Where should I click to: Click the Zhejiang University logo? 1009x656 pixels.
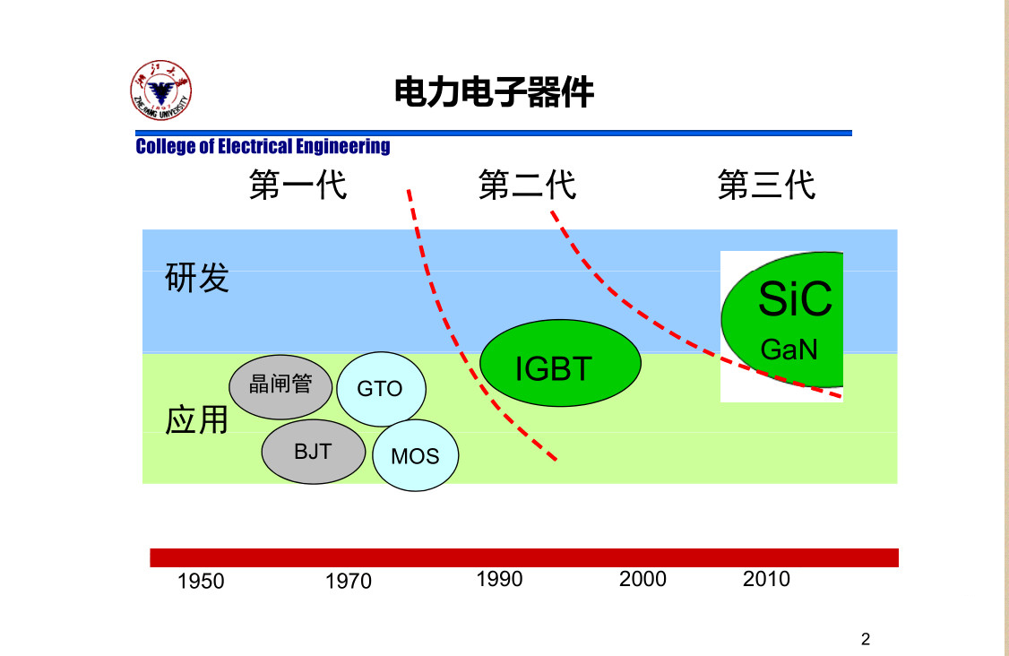point(161,91)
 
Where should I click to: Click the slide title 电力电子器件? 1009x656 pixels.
point(494,92)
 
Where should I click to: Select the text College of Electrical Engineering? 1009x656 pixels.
point(263,146)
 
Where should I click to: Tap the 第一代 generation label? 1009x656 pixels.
point(298,185)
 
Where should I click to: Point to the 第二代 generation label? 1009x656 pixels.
point(527,185)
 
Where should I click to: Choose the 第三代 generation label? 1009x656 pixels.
point(766,185)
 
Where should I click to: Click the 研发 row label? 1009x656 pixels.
point(197,278)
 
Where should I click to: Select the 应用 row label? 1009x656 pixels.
point(197,420)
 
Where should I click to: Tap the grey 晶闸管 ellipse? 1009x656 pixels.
point(280,387)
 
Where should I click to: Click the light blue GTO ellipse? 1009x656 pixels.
point(381,389)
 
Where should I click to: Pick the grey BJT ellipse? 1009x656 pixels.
point(314,452)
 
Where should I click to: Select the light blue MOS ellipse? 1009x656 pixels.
point(416,455)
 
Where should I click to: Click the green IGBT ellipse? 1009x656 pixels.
point(560,363)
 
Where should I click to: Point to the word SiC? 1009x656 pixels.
point(796,298)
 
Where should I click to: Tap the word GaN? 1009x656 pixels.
point(789,350)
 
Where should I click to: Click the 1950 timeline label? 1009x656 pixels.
point(201,582)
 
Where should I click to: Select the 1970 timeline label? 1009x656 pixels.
point(348,582)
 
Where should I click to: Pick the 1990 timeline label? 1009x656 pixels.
point(499,579)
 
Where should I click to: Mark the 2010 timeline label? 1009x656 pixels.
point(766,579)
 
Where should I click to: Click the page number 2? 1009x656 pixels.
point(866,639)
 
